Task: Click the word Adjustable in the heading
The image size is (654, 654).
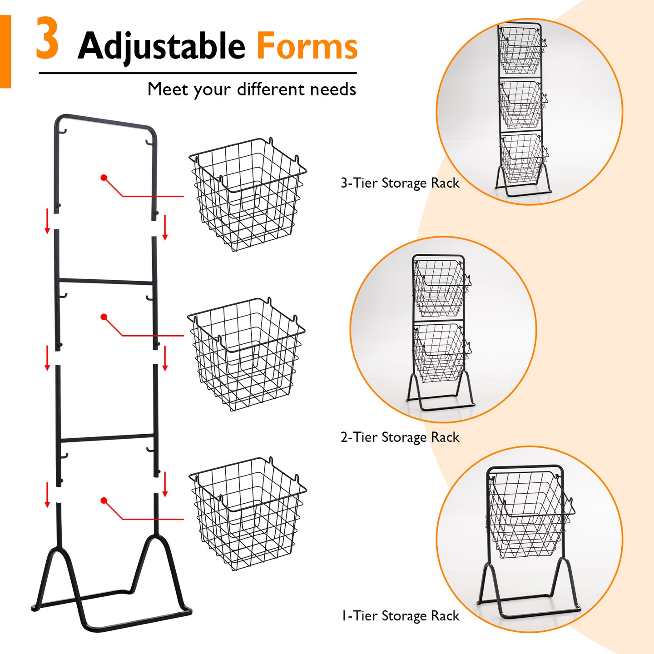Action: pyautogui.click(x=161, y=46)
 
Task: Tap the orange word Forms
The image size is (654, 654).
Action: pyautogui.click(x=307, y=46)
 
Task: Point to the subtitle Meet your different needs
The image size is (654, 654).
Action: pyautogui.click(x=252, y=89)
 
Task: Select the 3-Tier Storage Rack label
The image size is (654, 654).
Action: pyautogui.click(x=400, y=183)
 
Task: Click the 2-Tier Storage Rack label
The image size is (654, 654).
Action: pyautogui.click(x=400, y=437)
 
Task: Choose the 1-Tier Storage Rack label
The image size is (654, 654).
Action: pyautogui.click(x=400, y=616)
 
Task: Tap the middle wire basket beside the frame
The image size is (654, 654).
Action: pyautogui.click(x=246, y=354)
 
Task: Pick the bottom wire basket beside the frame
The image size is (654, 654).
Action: pyautogui.click(x=248, y=513)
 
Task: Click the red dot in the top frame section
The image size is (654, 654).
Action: pyautogui.click(x=104, y=178)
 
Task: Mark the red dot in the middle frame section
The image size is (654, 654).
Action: pyautogui.click(x=104, y=317)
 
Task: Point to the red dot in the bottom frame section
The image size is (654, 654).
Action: pyautogui.click(x=104, y=500)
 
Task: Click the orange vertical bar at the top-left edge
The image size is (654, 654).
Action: pyautogui.click(x=5, y=51)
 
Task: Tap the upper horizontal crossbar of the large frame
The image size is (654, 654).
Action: pyautogui.click(x=107, y=282)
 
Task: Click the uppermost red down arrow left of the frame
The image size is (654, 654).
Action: pyautogui.click(x=47, y=221)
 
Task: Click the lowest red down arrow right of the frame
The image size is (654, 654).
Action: pyautogui.click(x=165, y=484)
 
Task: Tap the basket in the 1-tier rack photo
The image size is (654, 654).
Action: pyautogui.click(x=529, y=515)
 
